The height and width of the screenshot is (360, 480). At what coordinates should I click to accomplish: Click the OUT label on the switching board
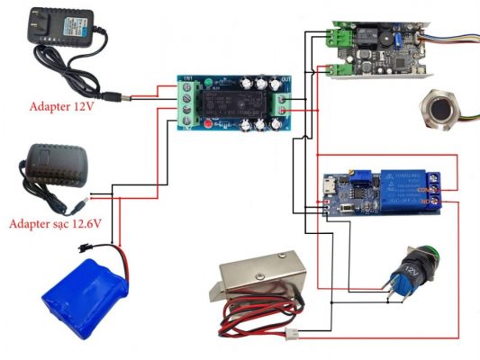tap(286, 80)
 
